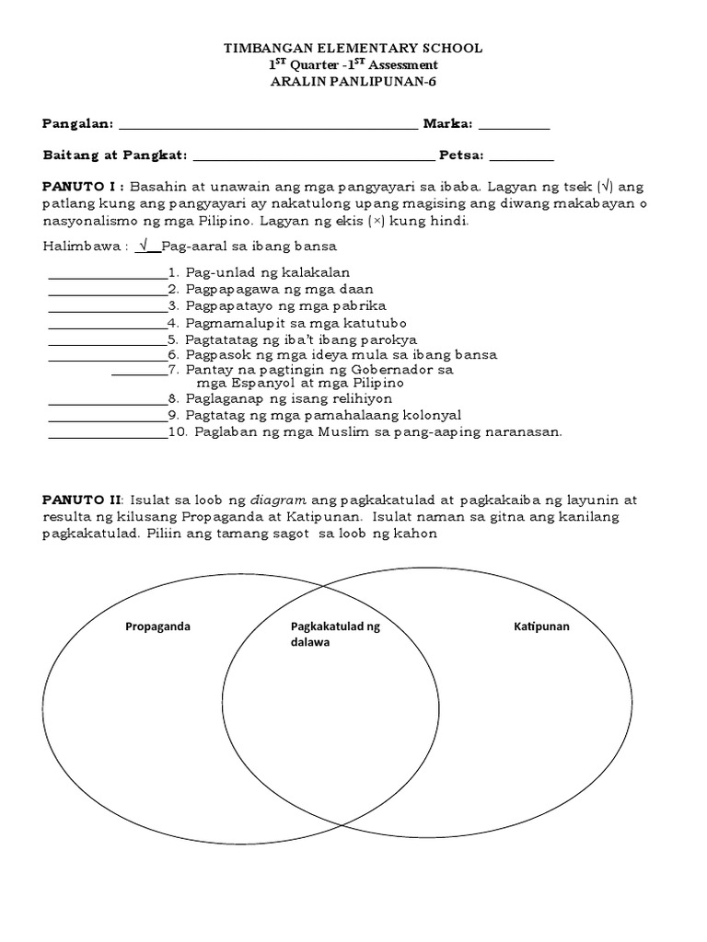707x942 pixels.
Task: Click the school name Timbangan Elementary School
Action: pyautogui.click(x=353, y=48)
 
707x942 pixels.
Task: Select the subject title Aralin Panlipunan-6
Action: pyautogui.click(x=353, y=82)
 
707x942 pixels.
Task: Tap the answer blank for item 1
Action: pyautogui.click(x=107, y=275)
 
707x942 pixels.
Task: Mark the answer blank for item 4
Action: pyautogui.click(x=107, y=325)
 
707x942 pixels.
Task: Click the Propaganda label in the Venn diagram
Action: pyautogui.click(x=157, y=626)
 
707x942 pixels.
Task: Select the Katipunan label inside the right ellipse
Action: pyautogui.click(x=541, y=626)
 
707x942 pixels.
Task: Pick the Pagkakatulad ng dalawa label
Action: pyautogui.click(x=334, y=635)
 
